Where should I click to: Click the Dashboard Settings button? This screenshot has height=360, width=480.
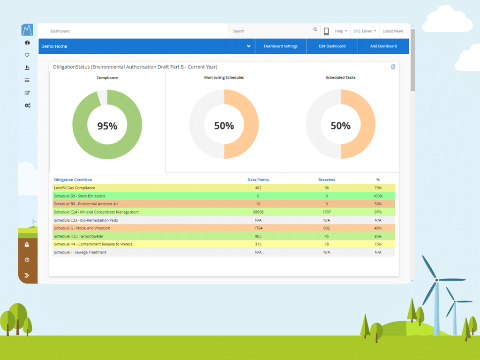280,46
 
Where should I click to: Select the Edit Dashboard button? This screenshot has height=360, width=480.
332,46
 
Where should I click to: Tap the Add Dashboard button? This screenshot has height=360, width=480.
383,46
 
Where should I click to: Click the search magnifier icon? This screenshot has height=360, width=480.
315,30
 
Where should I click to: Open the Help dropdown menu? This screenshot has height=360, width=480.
341,31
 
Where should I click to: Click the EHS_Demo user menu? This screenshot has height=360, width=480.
364,31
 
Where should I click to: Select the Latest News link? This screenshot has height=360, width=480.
393,31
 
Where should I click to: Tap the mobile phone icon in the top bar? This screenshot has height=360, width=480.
326,31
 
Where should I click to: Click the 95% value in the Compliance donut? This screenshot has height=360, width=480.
107,126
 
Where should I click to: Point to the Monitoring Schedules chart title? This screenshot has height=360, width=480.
224,77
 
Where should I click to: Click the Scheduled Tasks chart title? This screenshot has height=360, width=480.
341,77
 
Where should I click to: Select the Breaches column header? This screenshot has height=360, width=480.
326,180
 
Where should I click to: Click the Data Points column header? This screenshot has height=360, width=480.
258,180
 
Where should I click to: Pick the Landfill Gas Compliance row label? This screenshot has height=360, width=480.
75,188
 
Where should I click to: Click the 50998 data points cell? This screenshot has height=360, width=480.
258,212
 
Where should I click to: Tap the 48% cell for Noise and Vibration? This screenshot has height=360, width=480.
378,228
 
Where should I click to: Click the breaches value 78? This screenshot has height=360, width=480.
326,244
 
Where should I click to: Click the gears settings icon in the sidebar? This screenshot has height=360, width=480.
27,105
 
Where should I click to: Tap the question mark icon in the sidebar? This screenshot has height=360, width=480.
27,260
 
